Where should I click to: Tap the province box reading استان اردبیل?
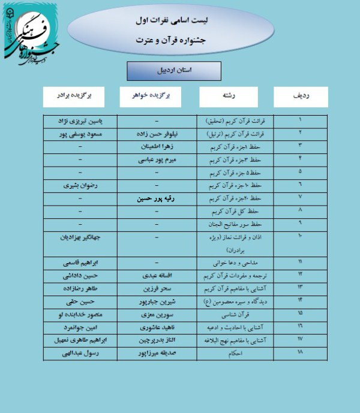[166, 70]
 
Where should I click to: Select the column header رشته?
[227, 96]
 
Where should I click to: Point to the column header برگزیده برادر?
[74, 96]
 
